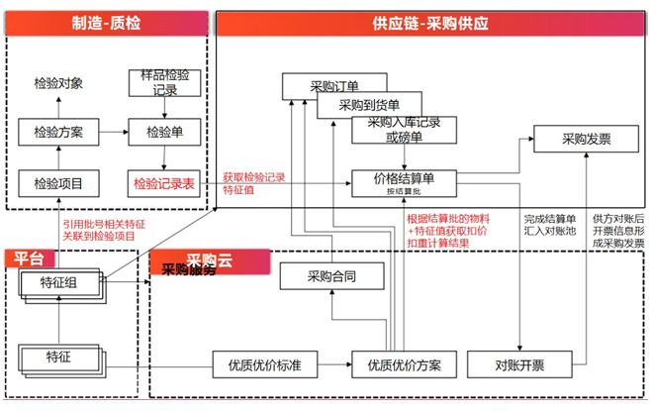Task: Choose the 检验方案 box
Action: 58,131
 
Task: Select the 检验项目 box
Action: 58,183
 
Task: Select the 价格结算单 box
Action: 406,182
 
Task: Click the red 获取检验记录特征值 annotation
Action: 253,183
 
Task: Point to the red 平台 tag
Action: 30,258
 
